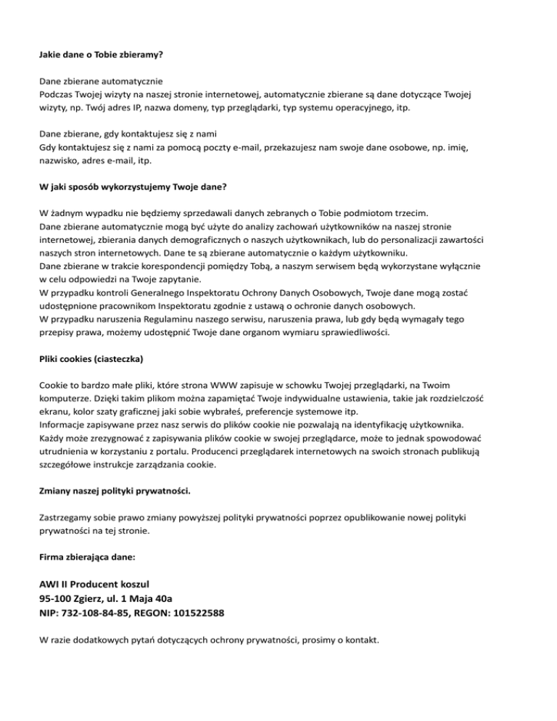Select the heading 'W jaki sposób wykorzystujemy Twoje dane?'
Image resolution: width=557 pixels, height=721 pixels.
pyautogui.click(x=133, y=186)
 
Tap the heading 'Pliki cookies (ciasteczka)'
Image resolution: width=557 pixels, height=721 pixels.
pyautogui.click(x=91, y=359)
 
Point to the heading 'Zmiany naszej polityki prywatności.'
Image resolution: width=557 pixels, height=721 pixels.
pyautogui.click(x=115, y=491)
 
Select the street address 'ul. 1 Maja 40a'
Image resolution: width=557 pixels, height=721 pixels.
pyautogui.click(x=138, y=598)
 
